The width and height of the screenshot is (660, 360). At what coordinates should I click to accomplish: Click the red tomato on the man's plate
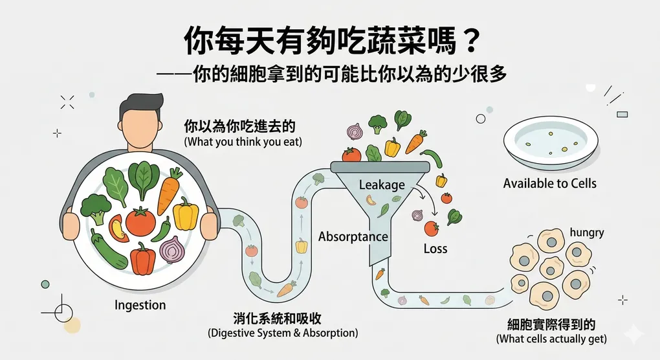(x=140, y=221)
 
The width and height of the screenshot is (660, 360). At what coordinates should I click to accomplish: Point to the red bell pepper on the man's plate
(x=143, y=258)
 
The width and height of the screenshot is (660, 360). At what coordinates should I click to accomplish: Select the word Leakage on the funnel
(x=382, y=185)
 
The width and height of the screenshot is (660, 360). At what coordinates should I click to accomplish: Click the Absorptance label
(x=353, y=236)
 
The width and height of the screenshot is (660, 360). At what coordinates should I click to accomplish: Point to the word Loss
(x=435, y=249)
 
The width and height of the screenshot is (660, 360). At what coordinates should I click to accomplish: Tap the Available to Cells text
(x=549, y=183)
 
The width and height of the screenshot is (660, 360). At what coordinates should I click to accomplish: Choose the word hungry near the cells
(x=586, y=232)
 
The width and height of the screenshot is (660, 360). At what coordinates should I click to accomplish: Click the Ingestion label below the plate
(x=140, y=304)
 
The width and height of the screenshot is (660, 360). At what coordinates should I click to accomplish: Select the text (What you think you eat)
(x=243, y=141)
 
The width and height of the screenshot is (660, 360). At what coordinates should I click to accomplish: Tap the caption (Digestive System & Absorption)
(x=283, y=333)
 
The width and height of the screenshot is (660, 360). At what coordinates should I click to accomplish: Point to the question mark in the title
(x=470, y=41)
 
